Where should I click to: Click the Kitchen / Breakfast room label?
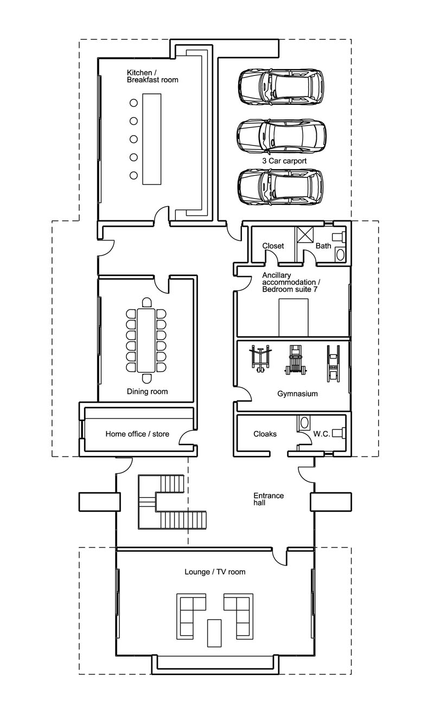pos(152,77)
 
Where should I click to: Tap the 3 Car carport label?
pos(284,161)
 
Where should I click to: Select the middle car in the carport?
pos(282,136)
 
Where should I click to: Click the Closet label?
pos(273,246)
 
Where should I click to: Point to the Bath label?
pos(323,246)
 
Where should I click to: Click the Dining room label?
pos(147,391)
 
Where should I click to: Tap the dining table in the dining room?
pos(146,340)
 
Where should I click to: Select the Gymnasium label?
pos(297,393)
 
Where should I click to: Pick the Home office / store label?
pos(137,434)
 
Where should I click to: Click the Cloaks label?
pos(265,434)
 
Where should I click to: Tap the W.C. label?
pos(322,434)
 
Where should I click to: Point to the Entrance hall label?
pos(269,499)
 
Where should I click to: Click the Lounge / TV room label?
pos(215,572)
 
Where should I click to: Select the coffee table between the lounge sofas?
pos(214,633)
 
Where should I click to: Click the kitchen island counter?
pos(152,139)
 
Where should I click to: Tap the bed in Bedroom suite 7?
pos(293,317)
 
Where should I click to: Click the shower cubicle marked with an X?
pos(305,234)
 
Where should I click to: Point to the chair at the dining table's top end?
pos(146,302)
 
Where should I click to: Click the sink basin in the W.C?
pos(304,422)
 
